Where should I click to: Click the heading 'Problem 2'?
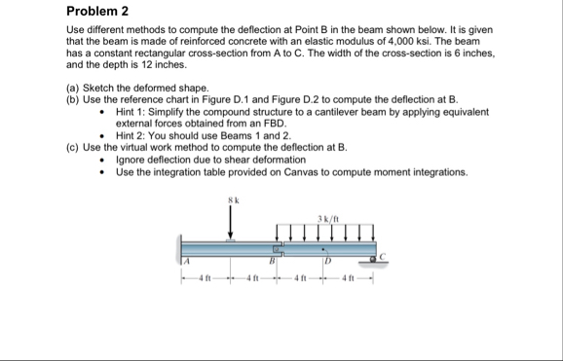click(97, 11)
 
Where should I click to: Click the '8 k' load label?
click(234, 200)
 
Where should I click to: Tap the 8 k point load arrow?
click(231, 222)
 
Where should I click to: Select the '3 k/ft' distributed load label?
click(328, 219)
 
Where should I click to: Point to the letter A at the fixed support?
click(186, 261)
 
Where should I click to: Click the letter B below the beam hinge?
click(272, 261)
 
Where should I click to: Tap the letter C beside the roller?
click(382, 256)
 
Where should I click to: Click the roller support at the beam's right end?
click(373, 260)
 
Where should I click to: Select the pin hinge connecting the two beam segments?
click(277, 249)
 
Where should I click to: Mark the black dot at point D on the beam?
click(322, 249)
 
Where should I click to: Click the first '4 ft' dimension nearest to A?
click(206, 277)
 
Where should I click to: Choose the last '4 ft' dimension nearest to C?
click(349, 277)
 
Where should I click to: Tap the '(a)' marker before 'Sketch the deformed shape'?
click(73, 88)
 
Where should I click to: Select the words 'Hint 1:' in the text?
click(131, 112)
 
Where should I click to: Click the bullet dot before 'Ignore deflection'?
click(102, 160)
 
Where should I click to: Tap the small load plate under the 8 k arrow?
click(231, 240)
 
